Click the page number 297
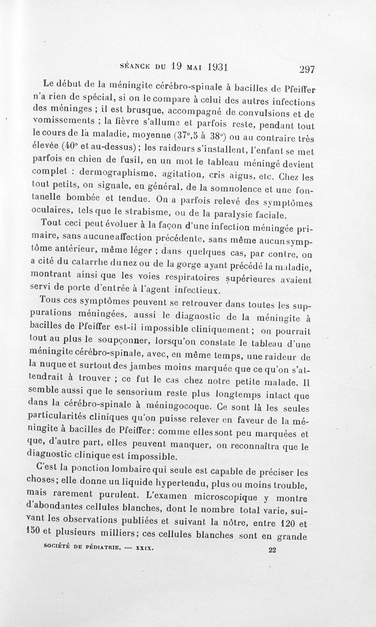pyautogui.click(x=305, y=69)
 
